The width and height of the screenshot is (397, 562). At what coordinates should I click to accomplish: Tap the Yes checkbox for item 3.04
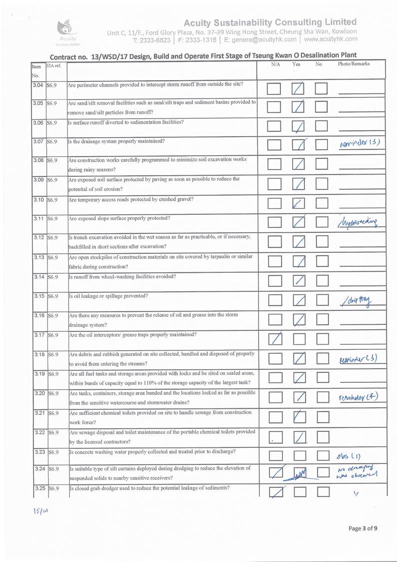tap(298, 89)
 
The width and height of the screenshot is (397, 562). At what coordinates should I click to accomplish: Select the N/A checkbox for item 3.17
tap(274, 340)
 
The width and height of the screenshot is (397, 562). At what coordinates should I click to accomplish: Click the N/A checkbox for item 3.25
tap(274, 493)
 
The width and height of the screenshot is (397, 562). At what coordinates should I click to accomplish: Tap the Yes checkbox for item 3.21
tap(298, 416)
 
